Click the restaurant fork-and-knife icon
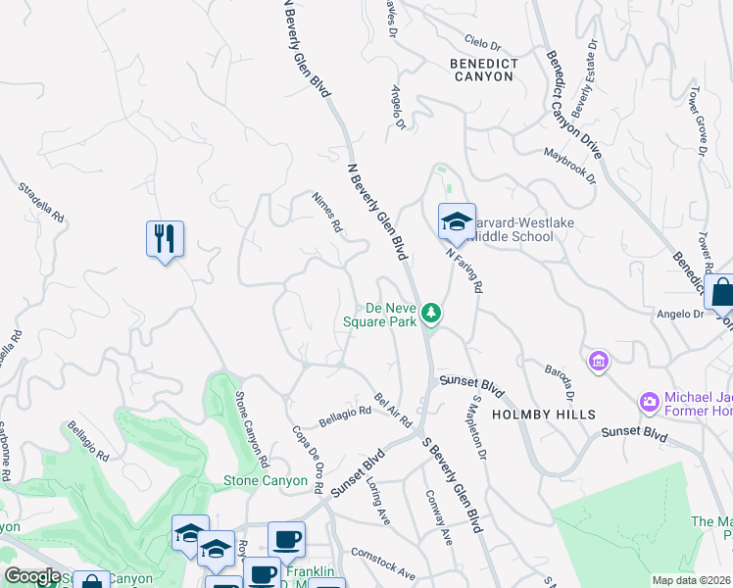click(165, 238)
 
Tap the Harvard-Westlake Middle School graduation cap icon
click(457, 222)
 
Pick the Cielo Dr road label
click(482, 45)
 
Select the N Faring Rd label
click(465, 269)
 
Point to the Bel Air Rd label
click(392, 411)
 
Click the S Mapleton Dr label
click(478, 427)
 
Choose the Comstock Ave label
click(383, 563)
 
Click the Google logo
click(32, 576)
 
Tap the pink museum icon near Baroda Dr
click(598, 363)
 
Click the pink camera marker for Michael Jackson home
click(648, 402)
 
